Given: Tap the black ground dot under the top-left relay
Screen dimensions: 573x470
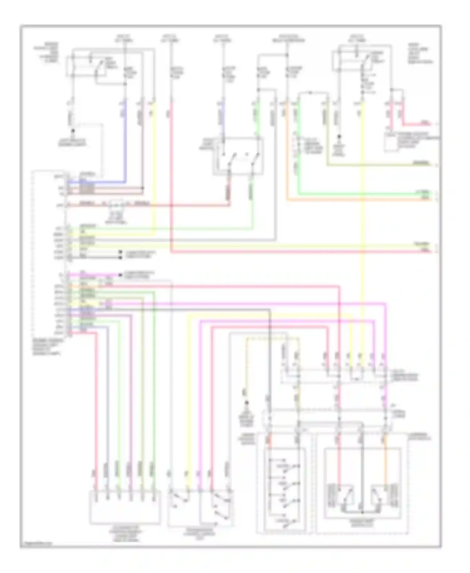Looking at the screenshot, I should point(73,130).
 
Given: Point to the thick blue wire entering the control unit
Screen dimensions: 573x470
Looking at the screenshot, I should point(125,141).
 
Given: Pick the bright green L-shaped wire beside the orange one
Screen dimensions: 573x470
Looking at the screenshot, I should point(360,194).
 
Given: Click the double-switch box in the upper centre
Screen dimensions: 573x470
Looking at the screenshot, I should point(238,156).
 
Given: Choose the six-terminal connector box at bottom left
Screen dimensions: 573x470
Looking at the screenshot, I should point(125,507).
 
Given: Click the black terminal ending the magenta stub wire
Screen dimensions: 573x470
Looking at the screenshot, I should point(120,275).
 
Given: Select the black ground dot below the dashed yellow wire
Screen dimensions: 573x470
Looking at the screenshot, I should point(247,403).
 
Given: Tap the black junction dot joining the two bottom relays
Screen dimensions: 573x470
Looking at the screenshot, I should point(362,512).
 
